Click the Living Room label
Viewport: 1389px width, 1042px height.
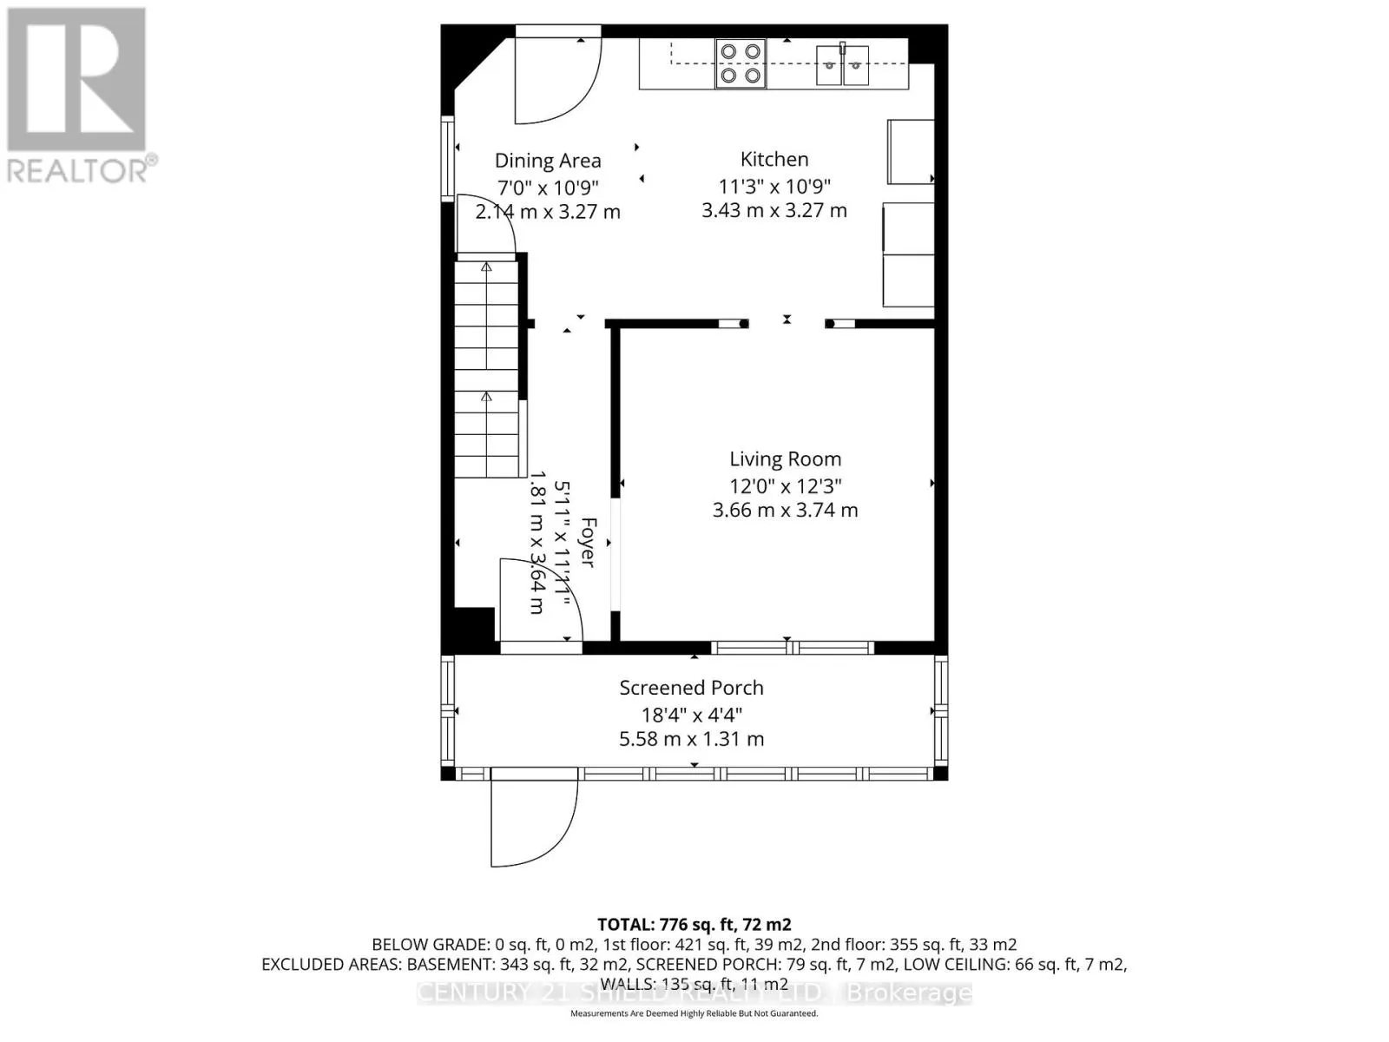click(785, 459)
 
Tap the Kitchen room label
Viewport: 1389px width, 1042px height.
click(774, 160)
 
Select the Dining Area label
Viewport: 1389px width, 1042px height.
click(548, 161)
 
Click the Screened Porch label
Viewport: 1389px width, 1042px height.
click(691, 688)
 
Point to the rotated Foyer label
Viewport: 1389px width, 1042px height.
click(588, 543)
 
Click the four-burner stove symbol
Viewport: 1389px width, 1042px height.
click(741, 63)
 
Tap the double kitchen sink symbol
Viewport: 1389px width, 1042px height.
click(842, 65)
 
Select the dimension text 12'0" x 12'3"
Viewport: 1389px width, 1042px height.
click(785, 485)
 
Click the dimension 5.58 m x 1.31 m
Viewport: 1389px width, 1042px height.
click(691, 739)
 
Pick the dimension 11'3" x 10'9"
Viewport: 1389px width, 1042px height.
click(774, 186)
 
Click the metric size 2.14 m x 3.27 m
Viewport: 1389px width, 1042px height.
click(548, 211)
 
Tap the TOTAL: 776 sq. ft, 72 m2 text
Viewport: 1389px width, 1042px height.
click(694, 925)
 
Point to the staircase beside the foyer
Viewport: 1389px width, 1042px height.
click(487, 369)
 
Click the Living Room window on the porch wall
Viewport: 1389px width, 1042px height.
click(792, 647)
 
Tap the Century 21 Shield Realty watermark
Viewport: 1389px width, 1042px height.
click(694, 993)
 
